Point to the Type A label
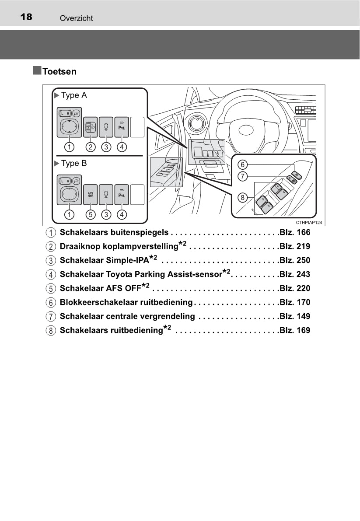click(73, 95)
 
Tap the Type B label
click(73, 164)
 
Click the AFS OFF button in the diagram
click(91, 195)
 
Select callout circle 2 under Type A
click(91, 147)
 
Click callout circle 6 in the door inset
click(243, 164)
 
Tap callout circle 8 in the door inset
click(243, 197)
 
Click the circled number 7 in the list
click(51, 317)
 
